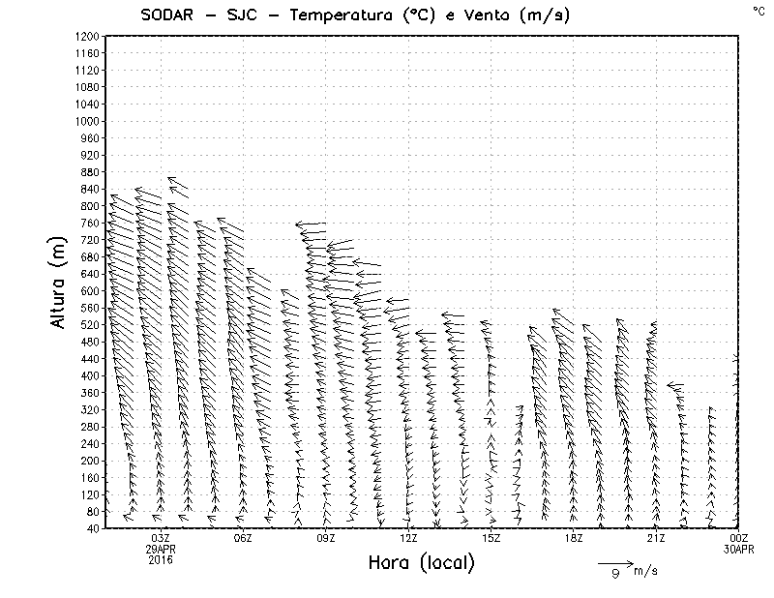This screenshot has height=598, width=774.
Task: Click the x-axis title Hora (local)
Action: click(x=422, y=562)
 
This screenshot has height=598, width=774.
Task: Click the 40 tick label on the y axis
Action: click(x=93, y=528)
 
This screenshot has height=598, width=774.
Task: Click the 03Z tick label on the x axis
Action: click(x=161, y=538)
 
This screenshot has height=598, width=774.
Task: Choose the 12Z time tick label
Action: click(x=408, y=538)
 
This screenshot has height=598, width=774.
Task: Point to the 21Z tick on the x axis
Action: click(x=656, y=538)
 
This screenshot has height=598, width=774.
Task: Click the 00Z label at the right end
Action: click(x=739, y=538)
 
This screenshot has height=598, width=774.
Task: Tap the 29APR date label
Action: click(x=161, y=549)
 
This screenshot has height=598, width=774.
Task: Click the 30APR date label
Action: click(x=739, y=549)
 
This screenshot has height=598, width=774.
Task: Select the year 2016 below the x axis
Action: click(x=161, y=559)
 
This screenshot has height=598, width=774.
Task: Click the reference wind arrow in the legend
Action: click(x=614, y=563)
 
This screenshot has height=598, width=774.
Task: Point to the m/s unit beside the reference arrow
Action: click(x=645, y=571)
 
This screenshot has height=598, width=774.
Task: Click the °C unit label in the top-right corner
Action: click(x=758, y=10)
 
